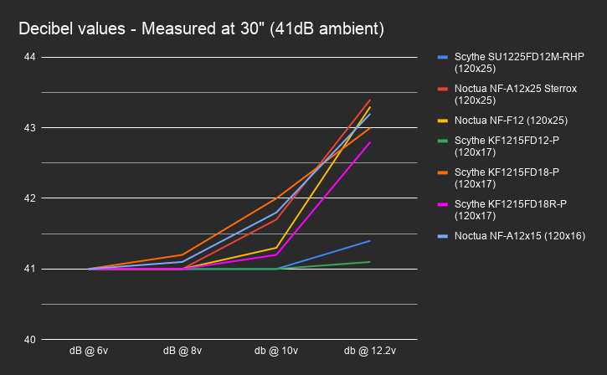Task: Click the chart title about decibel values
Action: click(x=201, y=29)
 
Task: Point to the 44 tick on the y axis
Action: click(x=30, y=57)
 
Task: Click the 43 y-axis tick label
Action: click(x=30, y=128)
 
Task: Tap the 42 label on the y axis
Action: click(x=30, y=198)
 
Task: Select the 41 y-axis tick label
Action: click(x=30, y=269)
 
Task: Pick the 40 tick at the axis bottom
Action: click(x=30, y=340)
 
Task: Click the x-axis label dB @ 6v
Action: click(x=88, y=350)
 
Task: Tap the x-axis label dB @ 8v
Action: click(x=182, y=350)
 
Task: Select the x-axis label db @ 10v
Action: click(x=276, y=350)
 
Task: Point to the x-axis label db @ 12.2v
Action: click(x=370, y=350)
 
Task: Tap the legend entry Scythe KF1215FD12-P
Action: click(x=505, y=146)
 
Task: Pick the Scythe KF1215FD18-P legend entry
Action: click(x=505, y=177)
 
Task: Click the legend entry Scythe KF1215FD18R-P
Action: click(x=510, y=209)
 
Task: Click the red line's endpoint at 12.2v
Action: click(x=370, y=100)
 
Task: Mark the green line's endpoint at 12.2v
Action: click(x=370, y=262)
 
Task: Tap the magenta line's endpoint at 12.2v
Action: click(x=370, y=142)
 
